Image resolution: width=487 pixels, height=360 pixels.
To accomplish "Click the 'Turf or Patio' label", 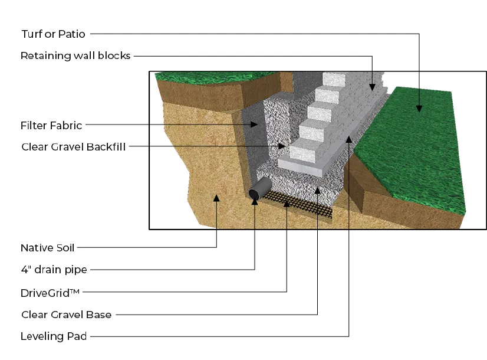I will pyautogui.click(x=53, y=34).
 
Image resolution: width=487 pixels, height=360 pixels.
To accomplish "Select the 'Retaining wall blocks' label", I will pyautogui.click(x=75, y=56).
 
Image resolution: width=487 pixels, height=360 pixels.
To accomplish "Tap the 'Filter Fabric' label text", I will pyautogui.click(x=51, y=125).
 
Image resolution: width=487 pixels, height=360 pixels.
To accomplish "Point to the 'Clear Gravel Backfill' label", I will pyautogui.click(x=73, y=146).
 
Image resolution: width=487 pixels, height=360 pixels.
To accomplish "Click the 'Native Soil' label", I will pyautogui.click(x=48, y=248).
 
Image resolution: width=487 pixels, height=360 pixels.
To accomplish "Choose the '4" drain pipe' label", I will pyautogui.click(x=54, y=270).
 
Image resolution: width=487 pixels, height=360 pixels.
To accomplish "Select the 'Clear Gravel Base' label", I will pyautogui.click(x=66, y=315).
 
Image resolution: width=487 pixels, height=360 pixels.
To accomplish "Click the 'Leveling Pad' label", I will pyautogui.click(x=54, y=336).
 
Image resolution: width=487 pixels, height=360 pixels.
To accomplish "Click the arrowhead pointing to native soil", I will pyautogui.click(x=217, y=198).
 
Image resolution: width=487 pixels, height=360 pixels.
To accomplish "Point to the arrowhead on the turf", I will pyautogui.click(x=419, y=107).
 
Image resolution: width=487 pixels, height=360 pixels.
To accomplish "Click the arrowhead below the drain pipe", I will pyautogui.click(x=255, y=202).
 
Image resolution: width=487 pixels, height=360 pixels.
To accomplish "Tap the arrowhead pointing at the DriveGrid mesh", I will pyautogui.click(x=287, y=203).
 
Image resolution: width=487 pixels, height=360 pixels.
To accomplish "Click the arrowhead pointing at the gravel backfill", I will pyautogui.click(x=282, y=146).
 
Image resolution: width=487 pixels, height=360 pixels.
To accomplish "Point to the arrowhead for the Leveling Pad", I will pyautogui.click(x=349, y=139).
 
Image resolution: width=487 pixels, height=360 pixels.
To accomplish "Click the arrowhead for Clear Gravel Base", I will pyautogui.click(x=318, y=189).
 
